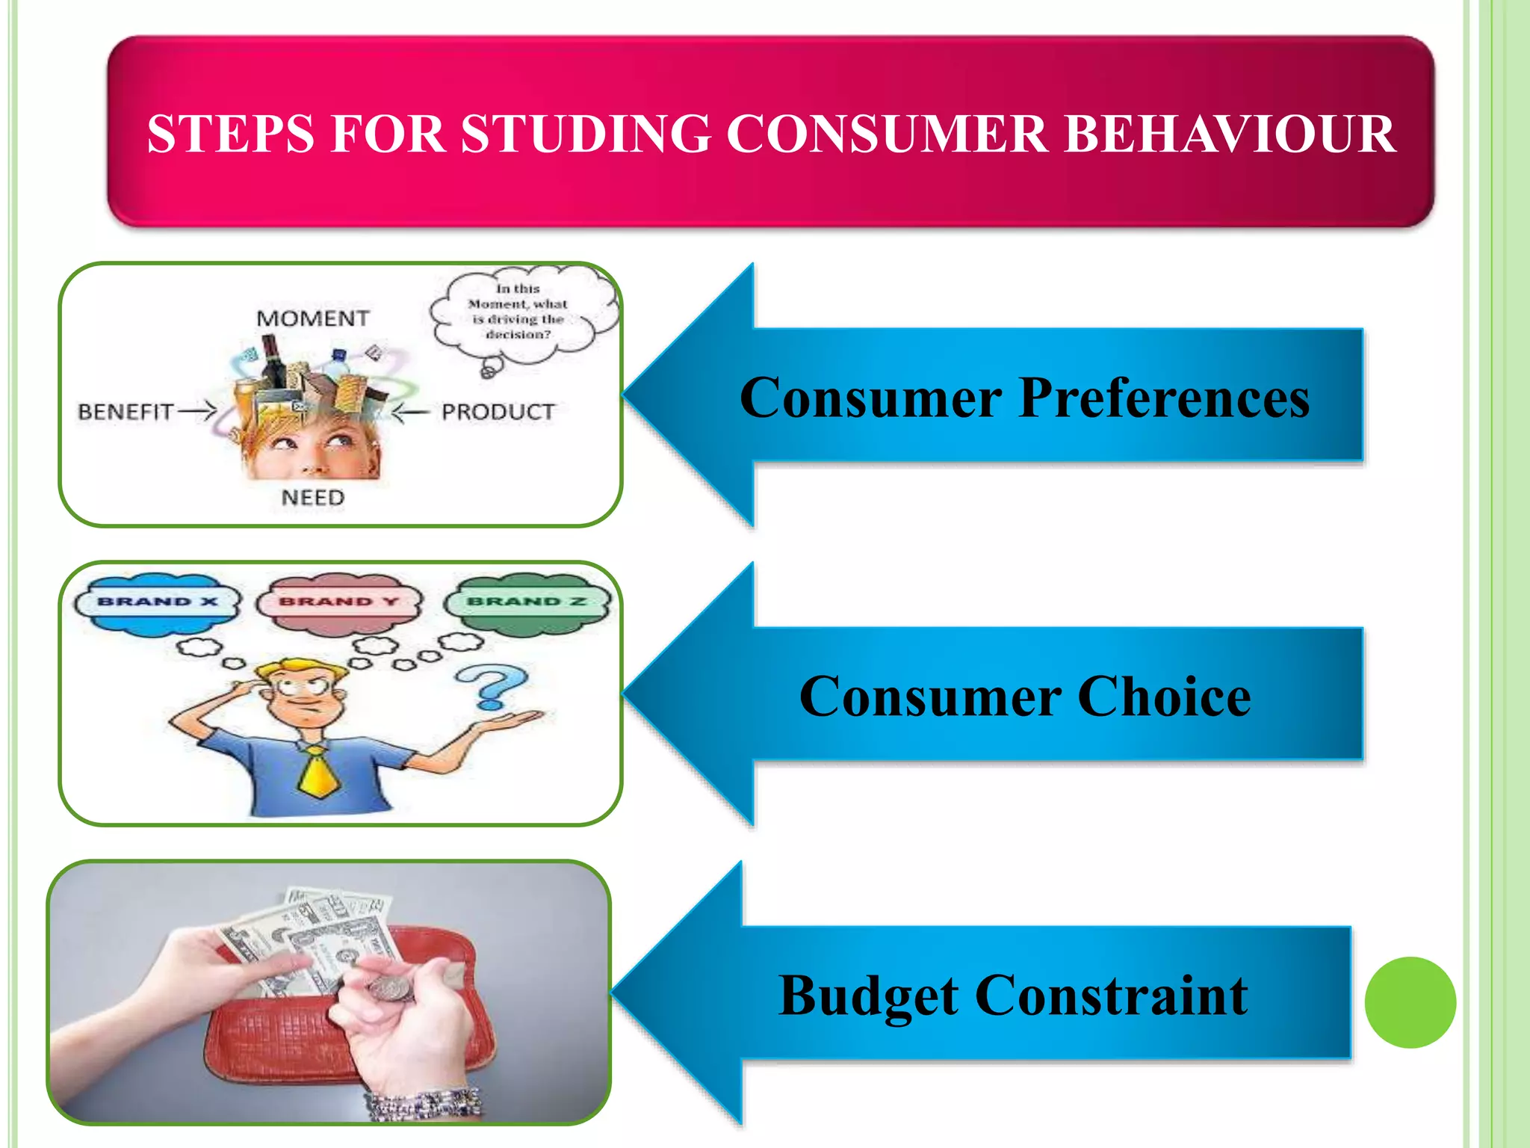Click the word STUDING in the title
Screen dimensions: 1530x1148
(586, 135)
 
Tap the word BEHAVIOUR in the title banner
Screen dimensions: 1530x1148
(1230, 135)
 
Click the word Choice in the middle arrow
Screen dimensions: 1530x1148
(1164, 697)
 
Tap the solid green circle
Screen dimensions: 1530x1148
(1410, 1002)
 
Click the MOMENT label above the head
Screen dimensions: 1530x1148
(312, 318)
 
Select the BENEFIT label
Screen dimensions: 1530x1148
(126, 412)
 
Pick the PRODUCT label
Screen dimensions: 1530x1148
(498, 412)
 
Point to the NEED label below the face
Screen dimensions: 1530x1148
(313, 498)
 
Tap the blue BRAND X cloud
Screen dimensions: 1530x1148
(158, 604)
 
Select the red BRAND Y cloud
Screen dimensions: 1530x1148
(338, 604)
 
